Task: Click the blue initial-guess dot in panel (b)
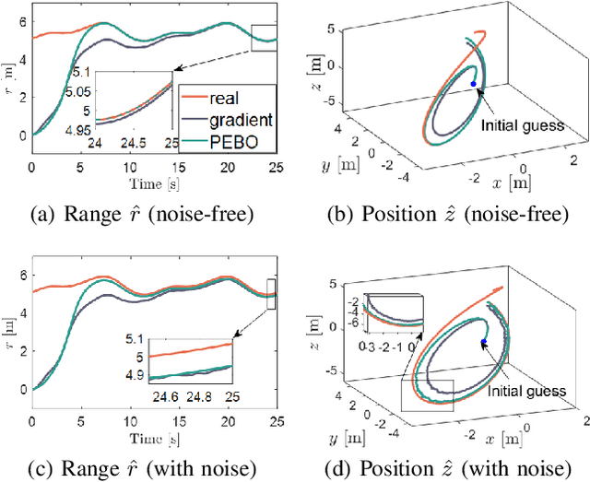pyautogui.click(x=474, y=84)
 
